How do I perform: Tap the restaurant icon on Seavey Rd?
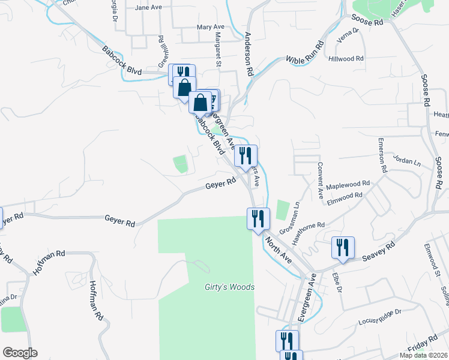[343, 248]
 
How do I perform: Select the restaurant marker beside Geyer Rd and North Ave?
[258, 219]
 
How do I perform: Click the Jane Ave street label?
[149, 8]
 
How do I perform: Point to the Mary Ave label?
[210, 27]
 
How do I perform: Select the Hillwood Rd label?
[346, 59]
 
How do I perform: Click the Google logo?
[20, 353]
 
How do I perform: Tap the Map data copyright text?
[423, 355]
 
